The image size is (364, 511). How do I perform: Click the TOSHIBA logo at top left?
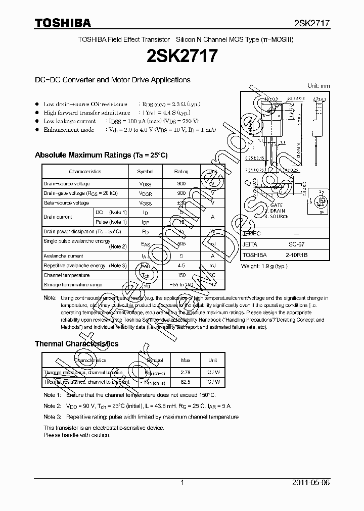63,23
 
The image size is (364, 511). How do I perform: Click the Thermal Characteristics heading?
76,344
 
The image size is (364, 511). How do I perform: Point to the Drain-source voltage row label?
67,184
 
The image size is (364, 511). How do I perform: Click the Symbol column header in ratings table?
146,172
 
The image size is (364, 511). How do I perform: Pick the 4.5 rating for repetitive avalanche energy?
181,266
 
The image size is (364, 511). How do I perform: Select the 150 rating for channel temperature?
181,275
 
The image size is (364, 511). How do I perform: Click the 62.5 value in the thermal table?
185,382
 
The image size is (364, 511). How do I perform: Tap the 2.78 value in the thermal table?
185,373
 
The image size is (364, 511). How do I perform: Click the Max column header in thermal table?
185,361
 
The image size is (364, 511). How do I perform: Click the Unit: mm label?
318,86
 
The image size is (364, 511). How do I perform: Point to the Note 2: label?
52,406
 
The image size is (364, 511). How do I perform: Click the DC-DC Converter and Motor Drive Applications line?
112,80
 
